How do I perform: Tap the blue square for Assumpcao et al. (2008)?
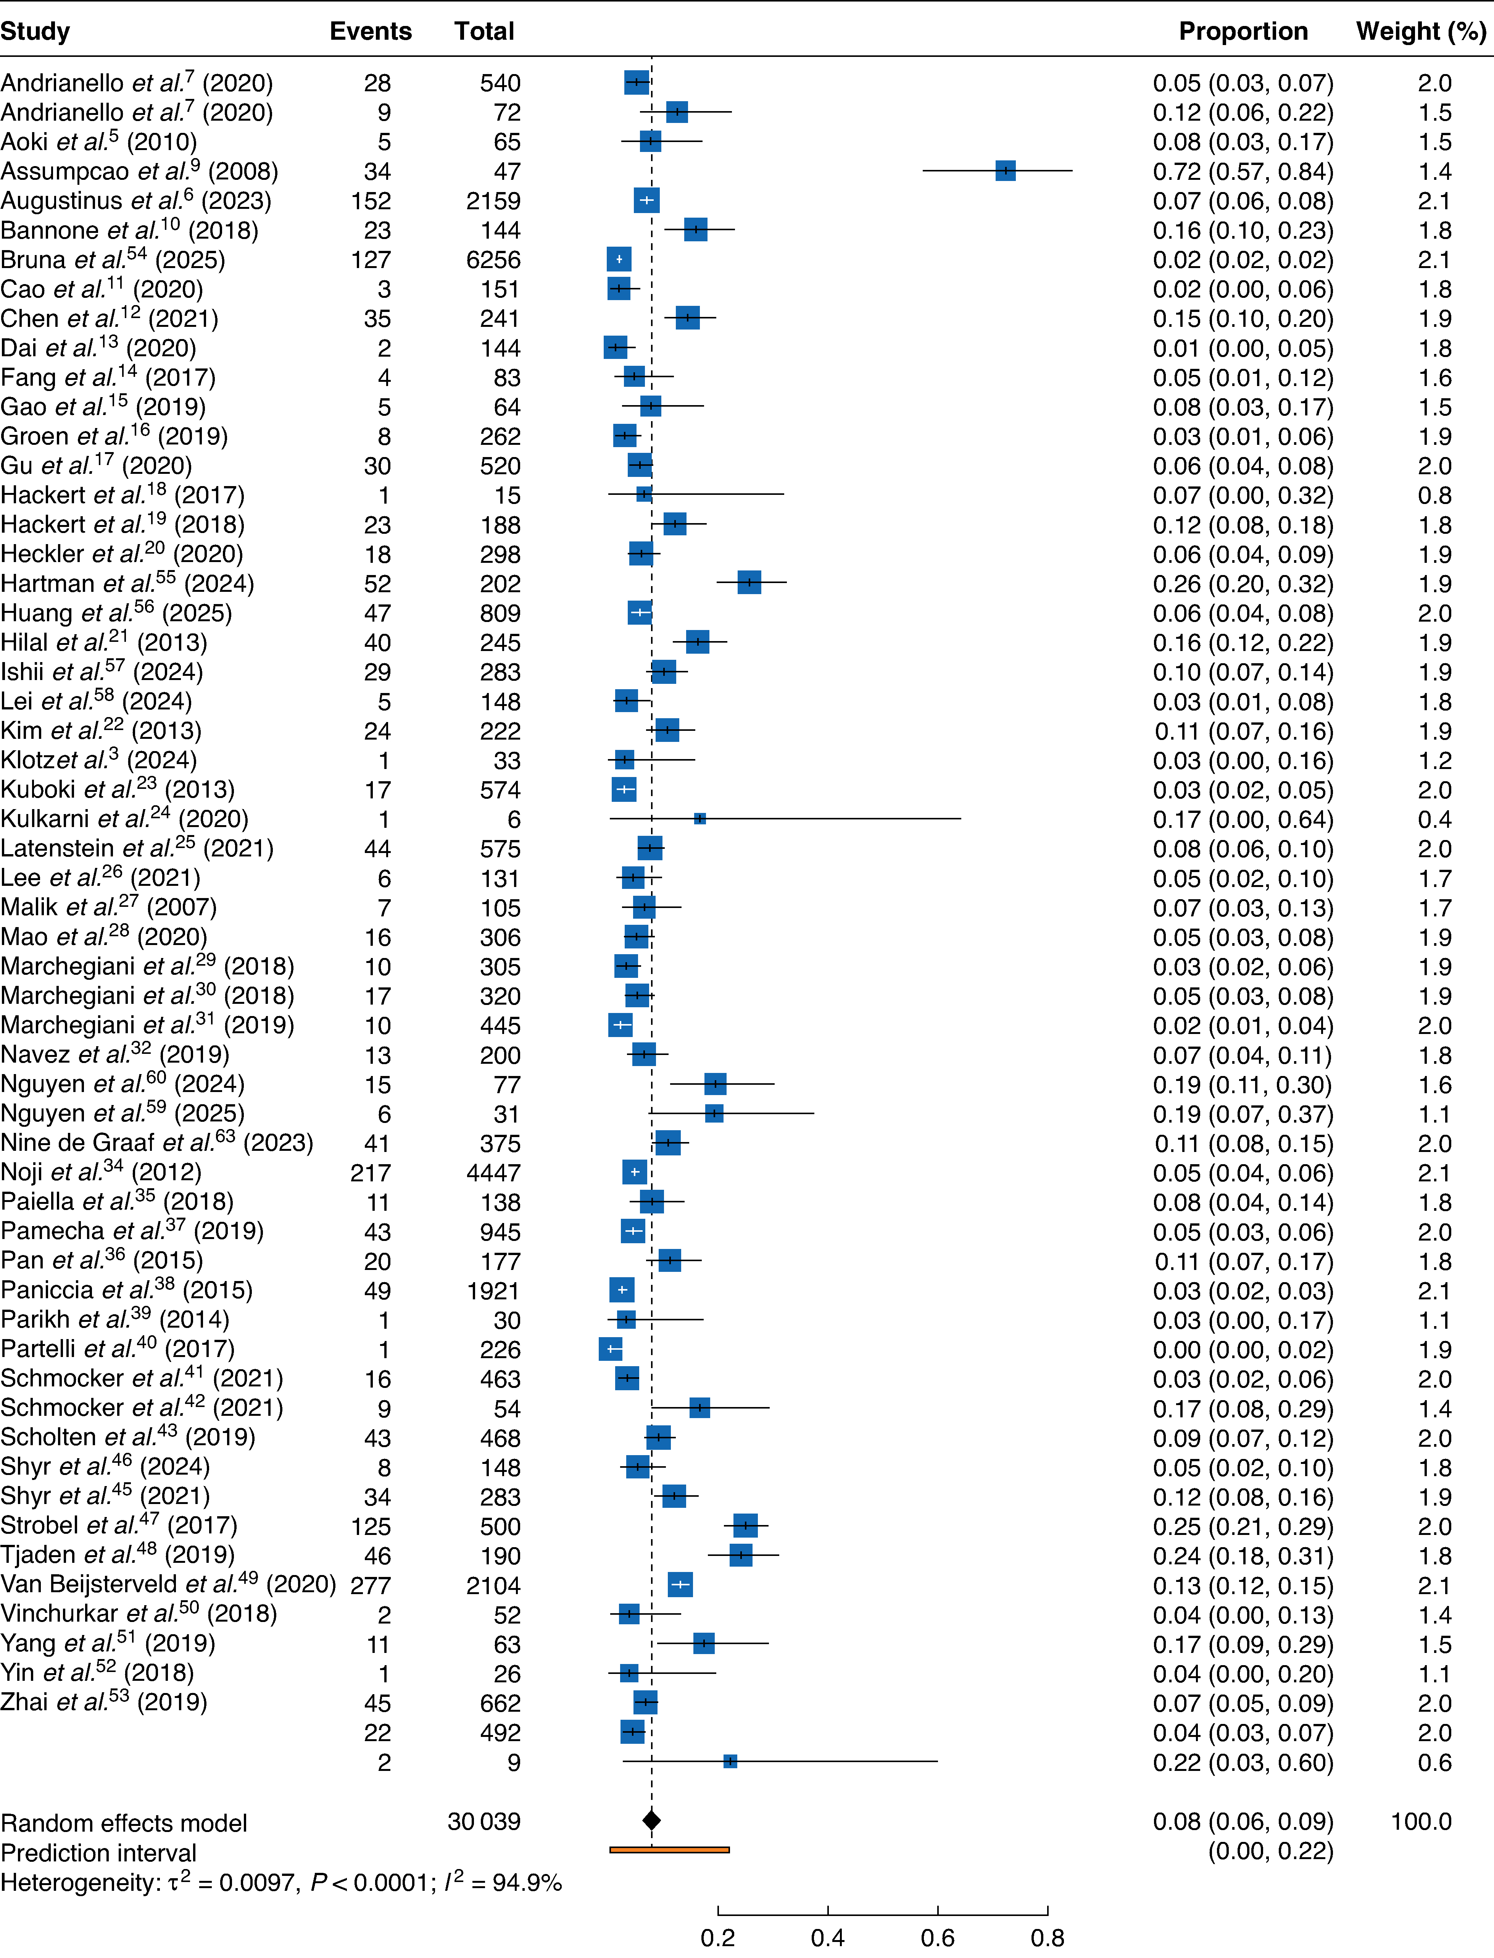[x=1005, y=171]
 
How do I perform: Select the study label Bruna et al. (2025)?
[x=113, y=260]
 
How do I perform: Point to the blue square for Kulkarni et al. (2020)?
[x=700, y=818]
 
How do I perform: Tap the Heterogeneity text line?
[x=281, y=1882]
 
